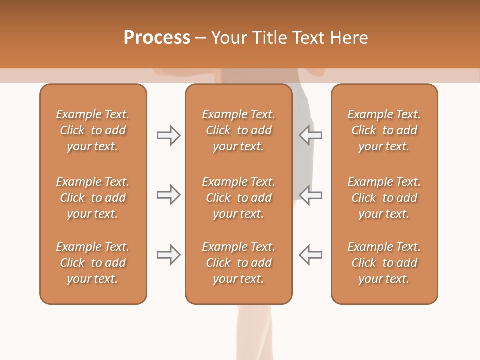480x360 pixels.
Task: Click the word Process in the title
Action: point(157,38)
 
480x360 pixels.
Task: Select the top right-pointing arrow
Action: point(168,135)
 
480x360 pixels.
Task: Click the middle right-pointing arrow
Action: point(168,195)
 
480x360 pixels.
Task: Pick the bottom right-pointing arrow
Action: point(168,255)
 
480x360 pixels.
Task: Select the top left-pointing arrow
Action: point(310,135)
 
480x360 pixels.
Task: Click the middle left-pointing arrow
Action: point(310,195)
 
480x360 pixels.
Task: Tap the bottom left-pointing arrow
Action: point(310,255)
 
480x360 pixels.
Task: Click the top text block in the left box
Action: point(93,130)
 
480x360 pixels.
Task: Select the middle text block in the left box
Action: point(93,198)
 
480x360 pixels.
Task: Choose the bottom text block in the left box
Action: point(93,263)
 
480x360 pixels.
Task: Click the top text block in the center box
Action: point(238,130)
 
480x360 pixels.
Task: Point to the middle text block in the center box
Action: point(238,198)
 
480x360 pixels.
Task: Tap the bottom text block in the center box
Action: point(238,263)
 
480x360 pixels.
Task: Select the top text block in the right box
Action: point(384,130)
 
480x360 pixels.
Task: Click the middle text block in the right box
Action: point(384,198)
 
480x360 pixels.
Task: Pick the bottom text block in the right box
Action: point(384,263)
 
